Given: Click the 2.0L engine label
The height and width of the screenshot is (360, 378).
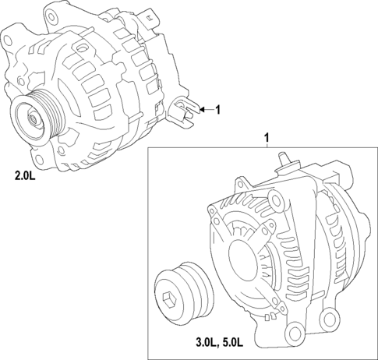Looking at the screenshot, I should pos(25,177).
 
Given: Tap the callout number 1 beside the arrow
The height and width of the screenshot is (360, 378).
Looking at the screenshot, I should pos(217,110).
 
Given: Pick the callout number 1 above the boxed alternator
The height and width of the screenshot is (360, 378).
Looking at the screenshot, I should pos(267,139).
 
